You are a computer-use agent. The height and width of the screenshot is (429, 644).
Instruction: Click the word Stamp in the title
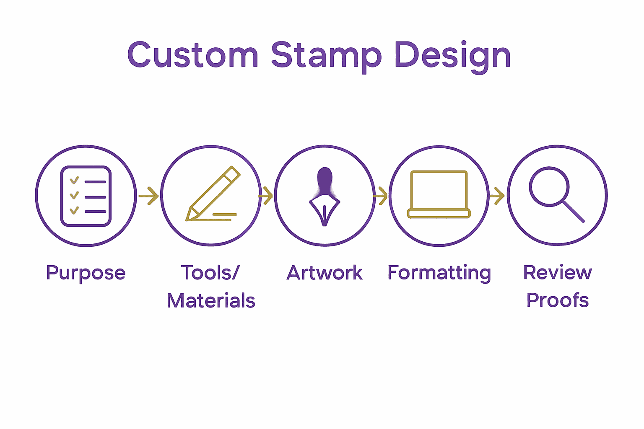click(x=326, y=56)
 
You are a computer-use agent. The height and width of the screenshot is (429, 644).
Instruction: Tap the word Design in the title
click(x=452, y=56)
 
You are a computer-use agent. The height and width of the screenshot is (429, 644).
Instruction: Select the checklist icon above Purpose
click(x=86, y=196)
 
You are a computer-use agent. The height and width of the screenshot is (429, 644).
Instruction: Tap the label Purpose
click(x=86, y=273)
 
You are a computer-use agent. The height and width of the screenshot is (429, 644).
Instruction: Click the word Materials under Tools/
click(x=211, y=301)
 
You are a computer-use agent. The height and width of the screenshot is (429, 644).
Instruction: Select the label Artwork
click(x=325, y=273)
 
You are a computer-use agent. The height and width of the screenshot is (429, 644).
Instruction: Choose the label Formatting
click(x=439, y=273)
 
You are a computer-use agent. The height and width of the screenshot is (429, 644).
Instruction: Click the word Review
click(x=557, y=273)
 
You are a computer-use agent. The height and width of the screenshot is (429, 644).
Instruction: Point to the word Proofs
click(x=557, y=300)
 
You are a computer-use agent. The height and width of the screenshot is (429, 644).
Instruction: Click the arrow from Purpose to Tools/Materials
click(x=148, y=196)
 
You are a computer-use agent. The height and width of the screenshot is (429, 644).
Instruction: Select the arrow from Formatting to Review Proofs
click(x=497, y=196)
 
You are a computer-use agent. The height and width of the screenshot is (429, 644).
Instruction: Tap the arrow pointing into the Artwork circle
click(x=266, y=196)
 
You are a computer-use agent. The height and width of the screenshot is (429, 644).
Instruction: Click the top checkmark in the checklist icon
click(x=74, y=181)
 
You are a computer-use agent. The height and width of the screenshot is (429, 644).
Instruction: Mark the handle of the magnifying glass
click(x=574, y=212)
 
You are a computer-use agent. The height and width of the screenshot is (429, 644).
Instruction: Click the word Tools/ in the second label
click(x=210, y=273)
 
